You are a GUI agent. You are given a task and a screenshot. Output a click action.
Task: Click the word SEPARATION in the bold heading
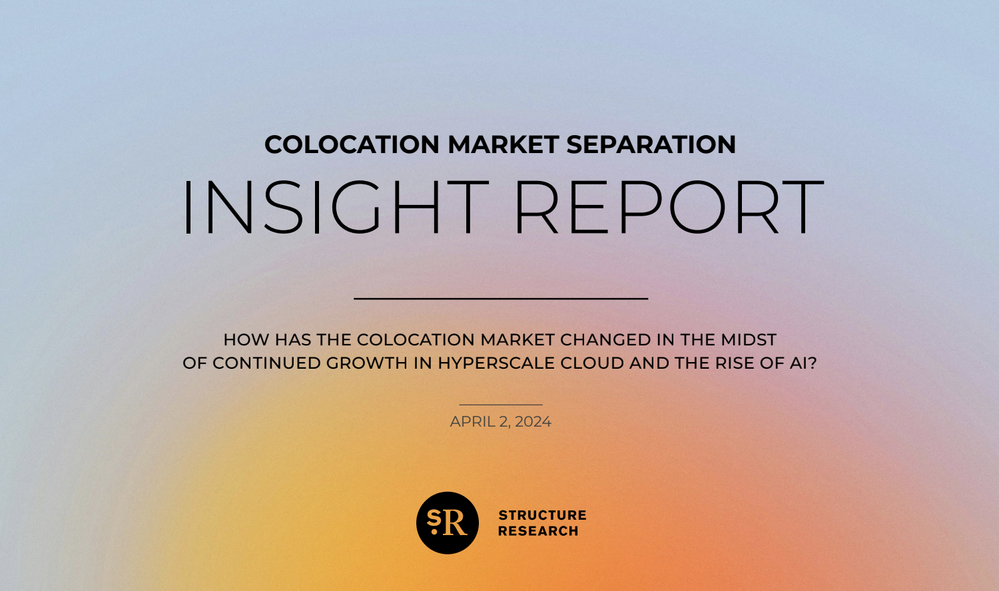coord(651,144)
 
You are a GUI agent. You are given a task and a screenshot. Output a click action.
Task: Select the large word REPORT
coord(669,207)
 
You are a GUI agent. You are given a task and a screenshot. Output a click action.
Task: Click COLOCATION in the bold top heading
coord(352,144)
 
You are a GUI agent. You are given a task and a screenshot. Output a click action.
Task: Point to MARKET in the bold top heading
coord(503,144)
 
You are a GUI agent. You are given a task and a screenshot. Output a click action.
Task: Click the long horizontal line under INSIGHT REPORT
coord(501,298)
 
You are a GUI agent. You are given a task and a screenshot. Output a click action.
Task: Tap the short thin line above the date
coord(501,405)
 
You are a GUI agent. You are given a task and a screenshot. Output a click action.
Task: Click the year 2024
coord(533,422)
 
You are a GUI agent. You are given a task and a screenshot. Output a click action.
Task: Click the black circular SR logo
coord(448,523)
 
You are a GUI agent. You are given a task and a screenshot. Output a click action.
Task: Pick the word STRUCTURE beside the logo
coord(542,515)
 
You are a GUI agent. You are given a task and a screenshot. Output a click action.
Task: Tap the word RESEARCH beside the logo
coord(538,531)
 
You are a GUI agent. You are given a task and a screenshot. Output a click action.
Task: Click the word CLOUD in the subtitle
coord(592,363)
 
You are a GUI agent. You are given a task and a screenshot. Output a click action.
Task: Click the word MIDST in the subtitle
coord(749,340)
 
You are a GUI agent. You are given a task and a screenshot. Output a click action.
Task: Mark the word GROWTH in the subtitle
coord(366,363)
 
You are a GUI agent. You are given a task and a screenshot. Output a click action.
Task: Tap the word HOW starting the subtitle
coord(246,340)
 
